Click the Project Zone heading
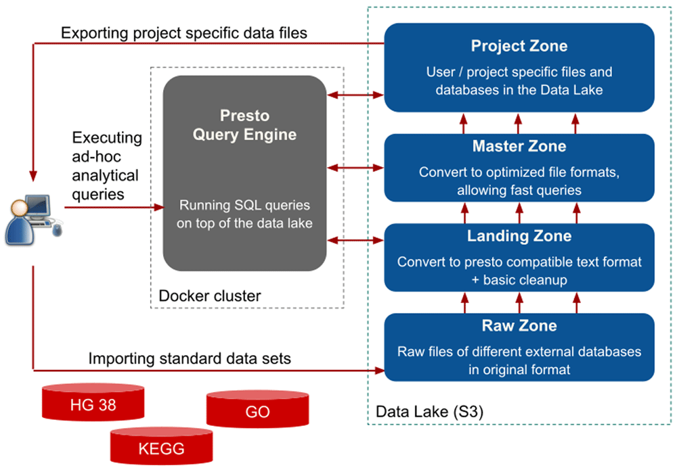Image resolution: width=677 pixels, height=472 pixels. [519, 46]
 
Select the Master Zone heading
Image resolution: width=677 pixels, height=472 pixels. [519, 146]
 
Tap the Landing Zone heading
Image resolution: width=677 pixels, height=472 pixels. [519, 236]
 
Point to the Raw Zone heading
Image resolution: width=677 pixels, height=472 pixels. [519, 326]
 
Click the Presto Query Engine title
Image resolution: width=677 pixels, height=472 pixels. [244, 125]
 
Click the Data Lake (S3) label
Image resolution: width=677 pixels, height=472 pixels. [429, 411]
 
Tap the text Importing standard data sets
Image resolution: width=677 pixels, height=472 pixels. [190, 358]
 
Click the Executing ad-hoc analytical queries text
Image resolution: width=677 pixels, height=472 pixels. [107, 166]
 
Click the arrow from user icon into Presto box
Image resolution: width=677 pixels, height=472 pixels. [115, 208]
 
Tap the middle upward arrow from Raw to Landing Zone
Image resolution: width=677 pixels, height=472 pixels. [519, 302]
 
